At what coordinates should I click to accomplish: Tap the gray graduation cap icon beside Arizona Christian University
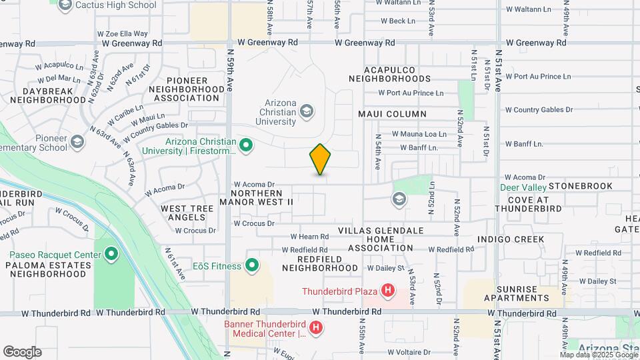tap(307, 111)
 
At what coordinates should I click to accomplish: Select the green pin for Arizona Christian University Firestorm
tap(246, 145)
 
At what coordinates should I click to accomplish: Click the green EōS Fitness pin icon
tap(252, 266)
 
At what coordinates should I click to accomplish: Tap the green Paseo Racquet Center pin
tap(111, 255)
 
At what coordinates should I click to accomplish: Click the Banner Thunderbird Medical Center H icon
tap(316, 328)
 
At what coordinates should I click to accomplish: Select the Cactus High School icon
tap(65, 5)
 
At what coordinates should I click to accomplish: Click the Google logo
tap(22, 352)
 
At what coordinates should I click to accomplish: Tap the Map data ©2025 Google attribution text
tap(598, 355)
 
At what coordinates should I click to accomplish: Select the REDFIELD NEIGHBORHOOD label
tap(320, 263)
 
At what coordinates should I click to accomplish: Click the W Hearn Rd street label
tap(309, 237)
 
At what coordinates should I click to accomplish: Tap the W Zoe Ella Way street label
tap(122, 33)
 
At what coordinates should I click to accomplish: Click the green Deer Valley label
tap(523, 187)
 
